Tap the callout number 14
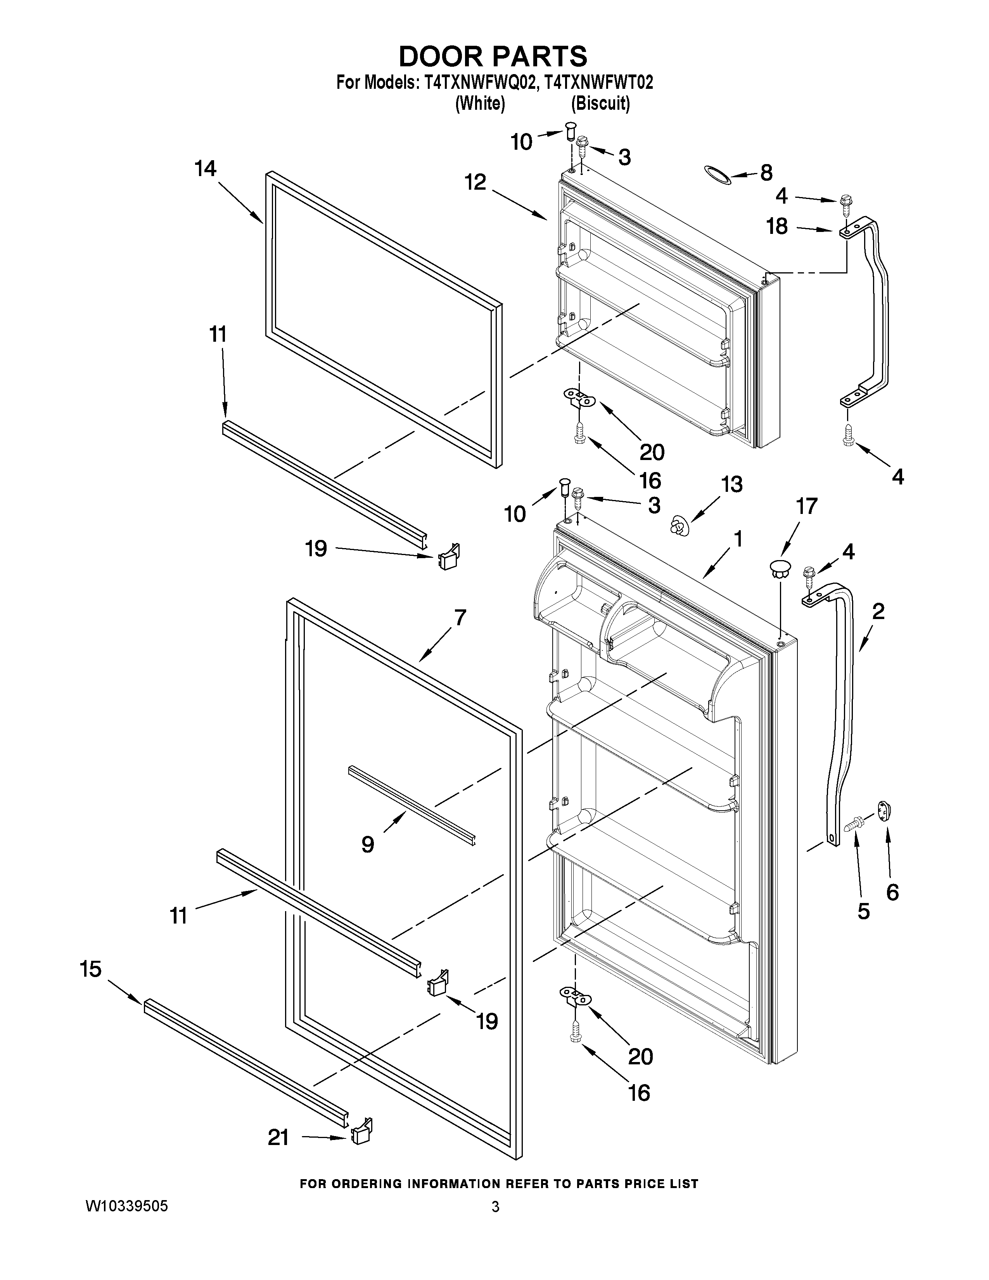click(206, 169)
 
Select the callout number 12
click(476, 182)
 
